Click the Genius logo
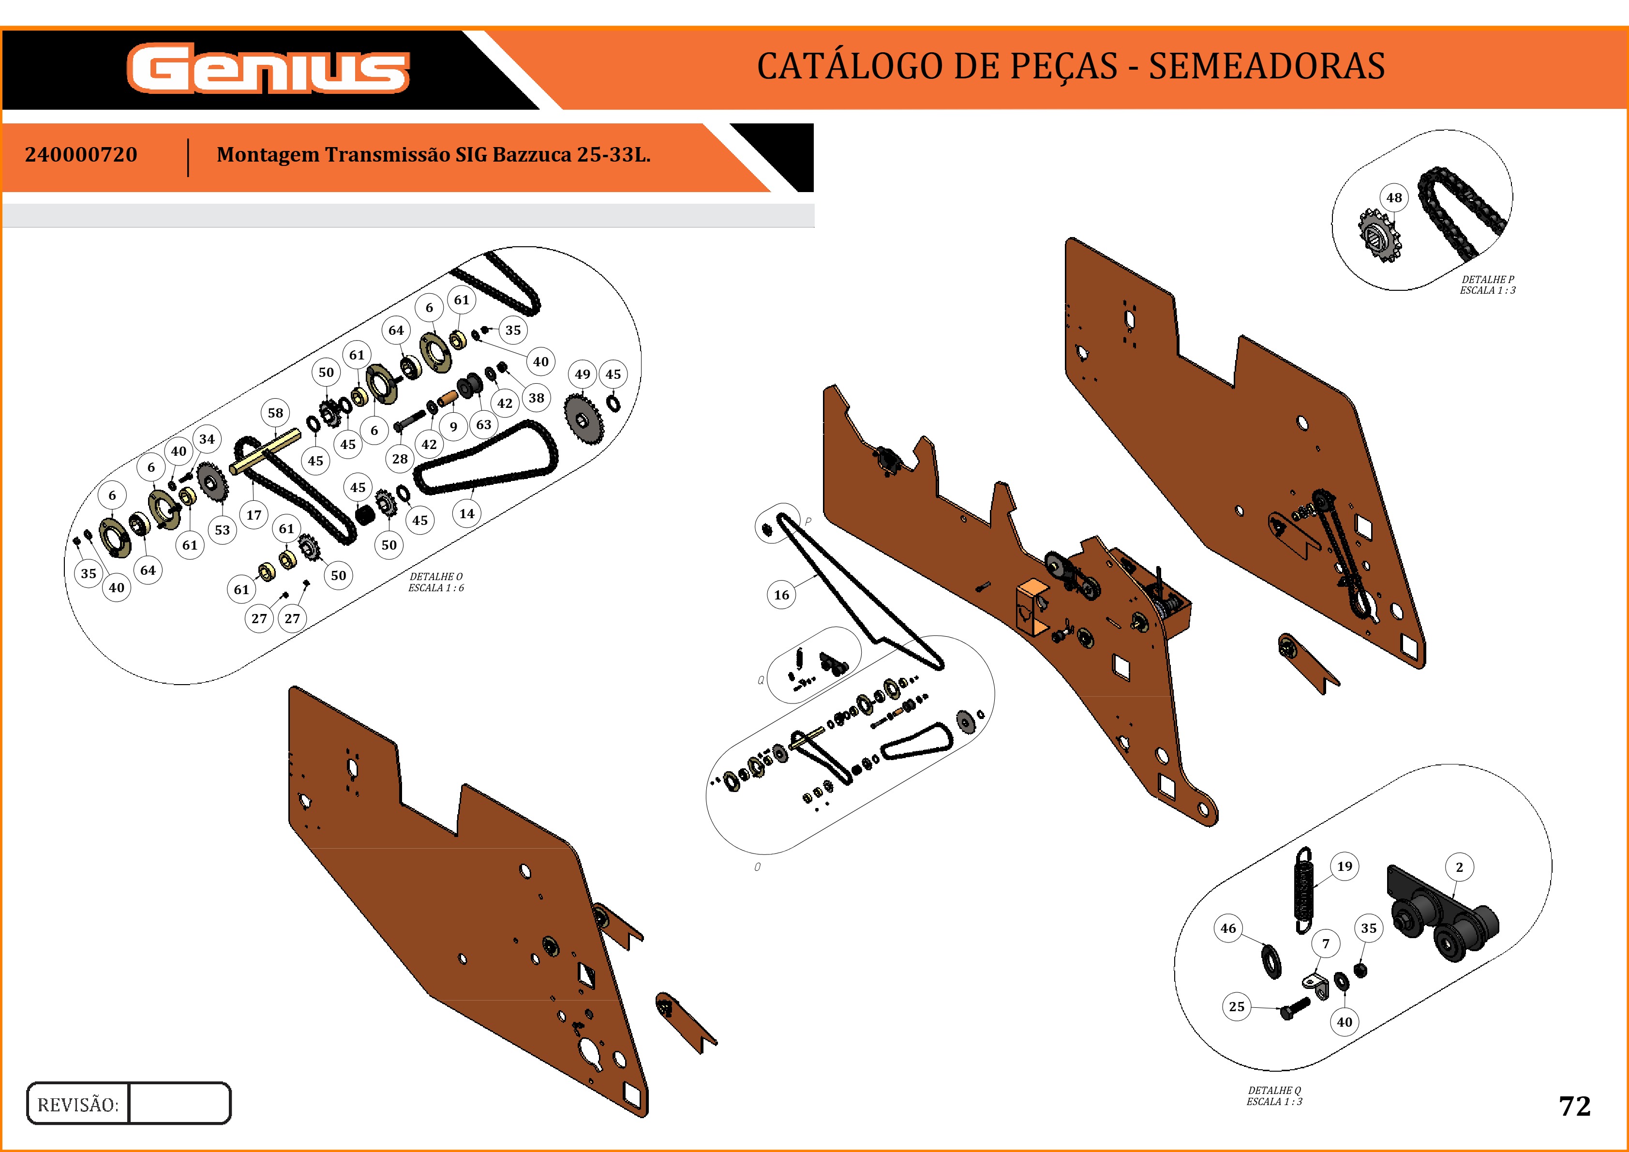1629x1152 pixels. click(x=268, y=69)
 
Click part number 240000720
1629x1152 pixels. click(x=81, y=155)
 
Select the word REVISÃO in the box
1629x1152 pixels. click(x=78, y=1105)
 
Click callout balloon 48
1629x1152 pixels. click(x=1394, y=198)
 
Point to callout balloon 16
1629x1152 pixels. click(x=781, y=595)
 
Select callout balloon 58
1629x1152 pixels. click(x=275, y=413)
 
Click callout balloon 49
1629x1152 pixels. click(x=583, y=374)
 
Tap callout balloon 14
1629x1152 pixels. click(x=466, y=513)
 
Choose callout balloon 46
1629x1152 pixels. click(x=1228, y=928)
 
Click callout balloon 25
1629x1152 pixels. click(x=1237, y=1006)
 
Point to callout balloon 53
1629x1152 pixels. click(x=222, y=530)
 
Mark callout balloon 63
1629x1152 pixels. click(x=483, y=424)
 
